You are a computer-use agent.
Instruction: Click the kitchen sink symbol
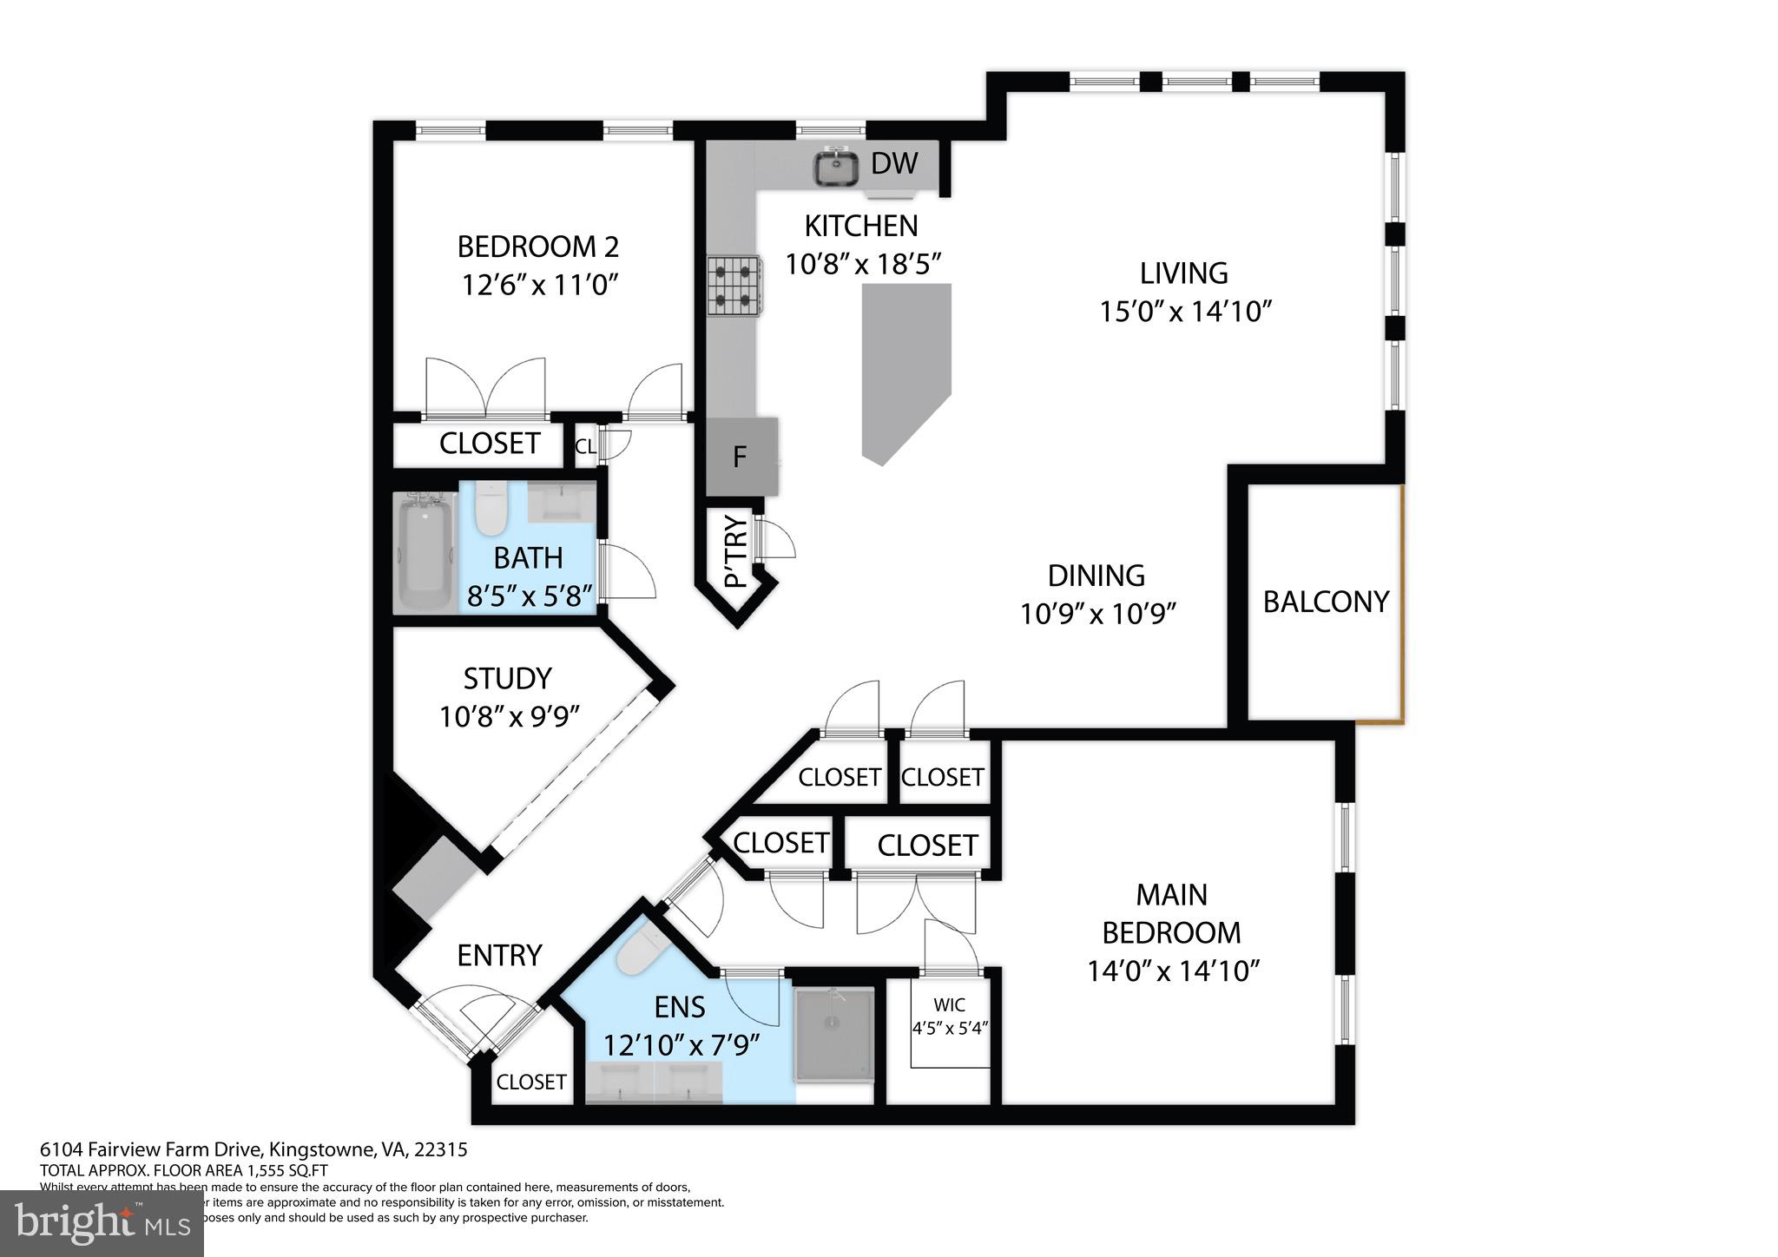click(836, 167)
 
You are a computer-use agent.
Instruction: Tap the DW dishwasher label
click(894, 163)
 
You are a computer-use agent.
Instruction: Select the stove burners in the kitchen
click(734, 286)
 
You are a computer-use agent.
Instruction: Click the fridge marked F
click(741, 457)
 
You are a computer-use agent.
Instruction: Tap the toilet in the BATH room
click(491, 508)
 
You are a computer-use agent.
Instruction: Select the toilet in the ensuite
click(640, 951)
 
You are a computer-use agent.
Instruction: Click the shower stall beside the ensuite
click(833, 1035)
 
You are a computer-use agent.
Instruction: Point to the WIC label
click(949, 1005)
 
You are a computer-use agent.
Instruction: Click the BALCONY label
click(1325, 602)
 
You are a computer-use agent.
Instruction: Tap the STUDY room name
click(507, 678)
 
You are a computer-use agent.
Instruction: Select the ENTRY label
click(499, 955)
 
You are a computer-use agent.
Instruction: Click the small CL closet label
click(585, 446)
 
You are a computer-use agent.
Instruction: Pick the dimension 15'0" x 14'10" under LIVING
click(1185, 312)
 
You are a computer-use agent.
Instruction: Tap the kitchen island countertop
click(905, 365)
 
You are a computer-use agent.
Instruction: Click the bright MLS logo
click(102, 1223)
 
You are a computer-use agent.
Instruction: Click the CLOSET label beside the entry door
click(530, 1082)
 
